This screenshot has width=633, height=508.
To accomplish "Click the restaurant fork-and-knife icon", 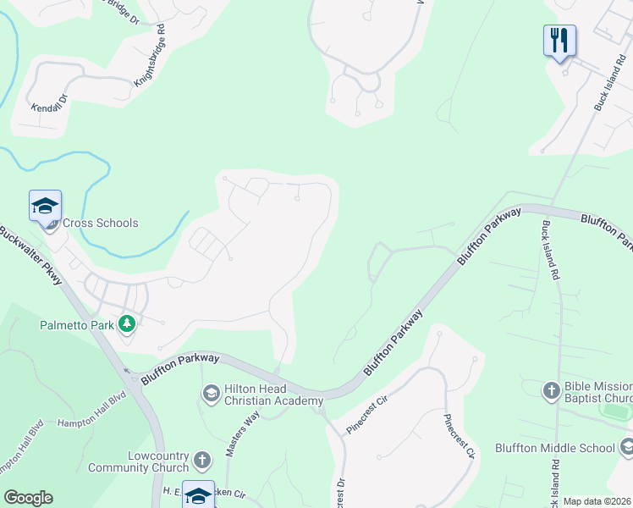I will [x=559, y=40].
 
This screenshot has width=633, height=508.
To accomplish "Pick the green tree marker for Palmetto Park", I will [x=127, y=323].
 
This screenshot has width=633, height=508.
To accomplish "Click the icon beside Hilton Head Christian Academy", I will [x=211, y=393].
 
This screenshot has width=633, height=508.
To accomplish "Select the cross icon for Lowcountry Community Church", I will [x=201, y=461].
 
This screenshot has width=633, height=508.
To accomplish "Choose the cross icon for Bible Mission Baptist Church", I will [x=551, y=390].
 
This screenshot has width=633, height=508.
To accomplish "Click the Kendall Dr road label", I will [x=47, y=109].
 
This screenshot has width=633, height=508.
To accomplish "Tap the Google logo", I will [x=28, y=498].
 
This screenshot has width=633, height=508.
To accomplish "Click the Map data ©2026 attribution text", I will [x=597, y=501].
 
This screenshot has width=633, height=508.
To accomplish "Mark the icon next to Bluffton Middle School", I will [x=626, y=447].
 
